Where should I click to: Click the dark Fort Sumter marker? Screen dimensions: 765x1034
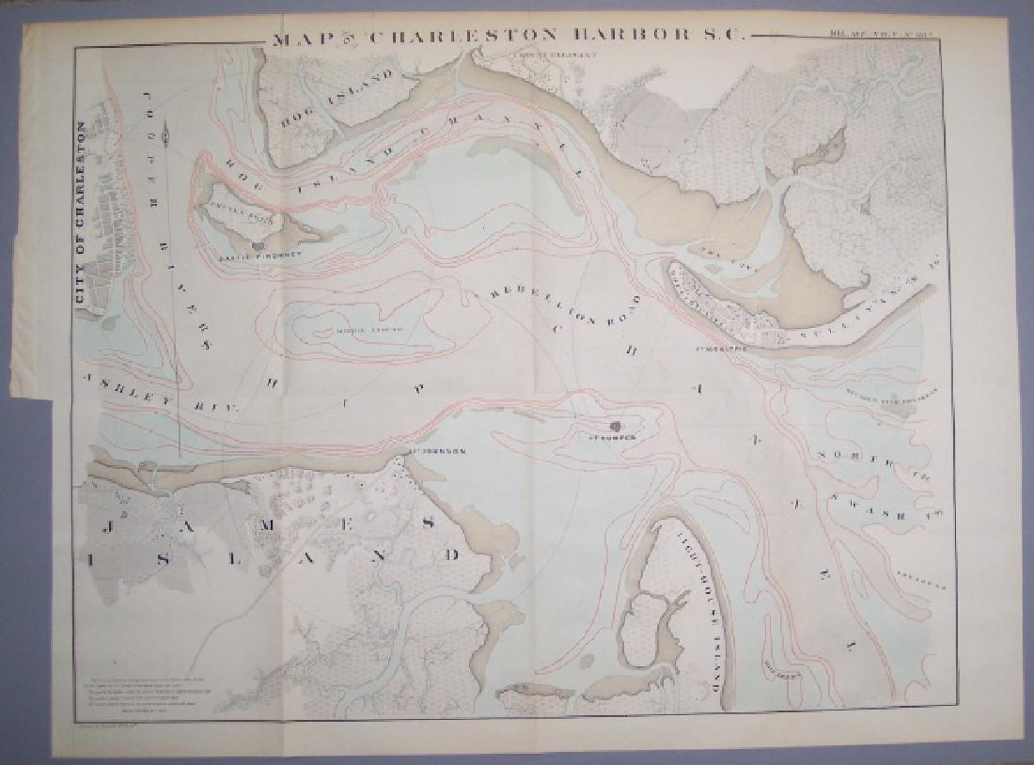pyautogui.click(x=615, y=426)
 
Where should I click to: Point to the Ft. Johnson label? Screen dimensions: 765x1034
pyautogui.click(x=438, y=451)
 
